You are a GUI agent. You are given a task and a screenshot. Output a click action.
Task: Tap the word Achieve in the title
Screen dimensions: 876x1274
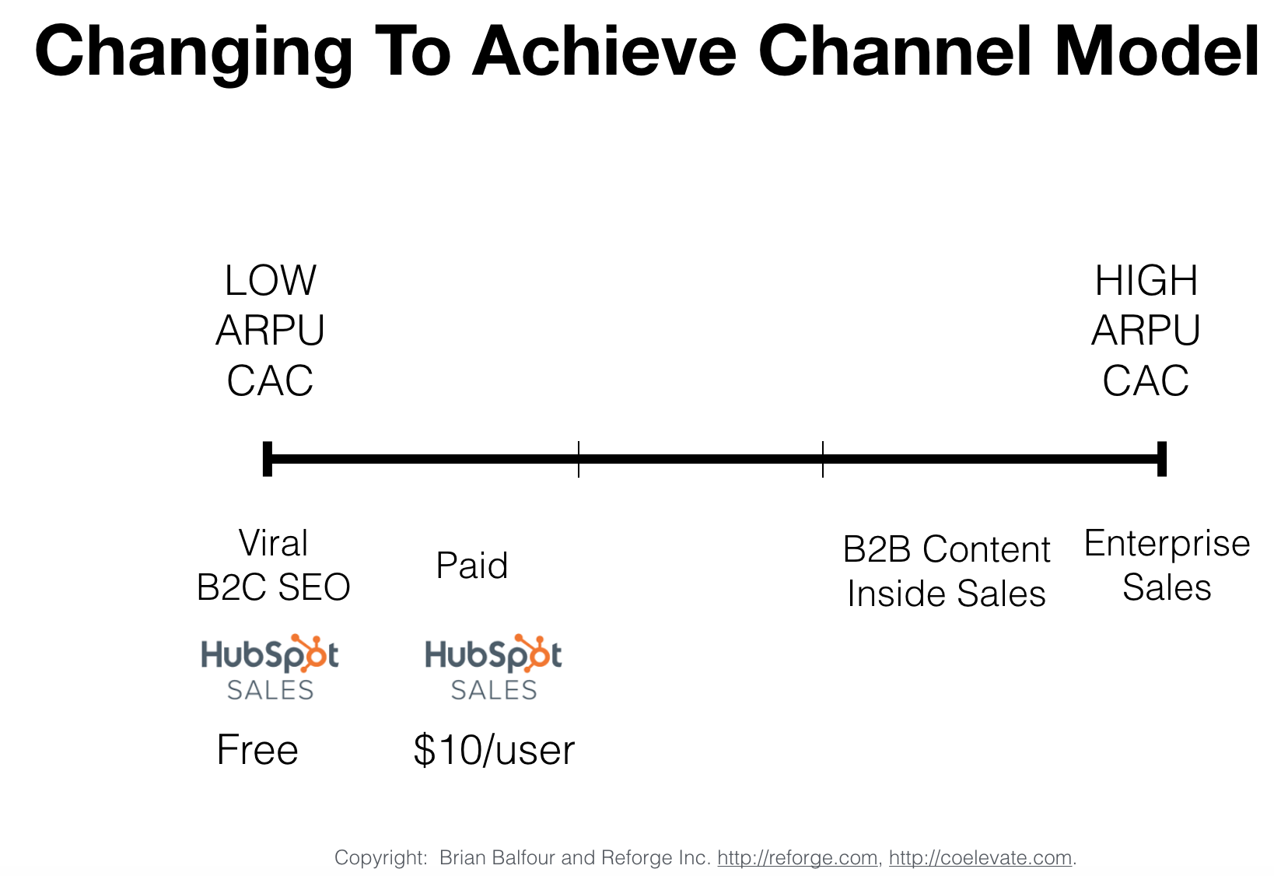click(604, 51)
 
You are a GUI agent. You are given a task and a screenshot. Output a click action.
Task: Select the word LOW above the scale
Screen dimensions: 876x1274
click(270, 281)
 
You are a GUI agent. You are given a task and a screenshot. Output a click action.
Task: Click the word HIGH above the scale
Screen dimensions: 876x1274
click(1146, 281)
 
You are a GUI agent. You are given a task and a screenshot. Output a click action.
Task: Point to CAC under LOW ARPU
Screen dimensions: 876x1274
click(270, 381)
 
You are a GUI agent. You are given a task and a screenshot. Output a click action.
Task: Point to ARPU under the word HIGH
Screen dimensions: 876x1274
click(1146, 331)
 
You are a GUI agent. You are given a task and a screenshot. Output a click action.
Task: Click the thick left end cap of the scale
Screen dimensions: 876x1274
click(268, 458)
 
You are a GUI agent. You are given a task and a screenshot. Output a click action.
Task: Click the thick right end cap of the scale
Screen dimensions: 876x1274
click(1161, 458)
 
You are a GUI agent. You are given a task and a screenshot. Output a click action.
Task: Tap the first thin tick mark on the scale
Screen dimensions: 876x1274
click(579, 458)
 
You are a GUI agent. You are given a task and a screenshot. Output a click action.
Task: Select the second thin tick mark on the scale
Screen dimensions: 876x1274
click(823, 458)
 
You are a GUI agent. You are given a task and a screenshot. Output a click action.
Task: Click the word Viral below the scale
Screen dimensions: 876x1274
click(273, 543)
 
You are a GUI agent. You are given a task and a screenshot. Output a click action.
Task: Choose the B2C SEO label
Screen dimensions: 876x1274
click(273, 587)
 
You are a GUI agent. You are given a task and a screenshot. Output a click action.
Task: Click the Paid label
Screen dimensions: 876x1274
click(471, 566)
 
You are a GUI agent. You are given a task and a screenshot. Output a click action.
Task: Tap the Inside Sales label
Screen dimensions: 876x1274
click(946, 594)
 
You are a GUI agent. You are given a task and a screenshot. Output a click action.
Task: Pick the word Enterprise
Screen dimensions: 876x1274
click(1167, 543)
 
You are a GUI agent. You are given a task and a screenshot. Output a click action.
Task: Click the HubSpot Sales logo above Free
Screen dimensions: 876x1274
click(270, 668)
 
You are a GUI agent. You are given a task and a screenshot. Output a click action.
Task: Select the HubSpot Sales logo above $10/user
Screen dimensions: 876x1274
click(493, 668)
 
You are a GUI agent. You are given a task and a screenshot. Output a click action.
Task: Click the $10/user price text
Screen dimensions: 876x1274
click(493, 750)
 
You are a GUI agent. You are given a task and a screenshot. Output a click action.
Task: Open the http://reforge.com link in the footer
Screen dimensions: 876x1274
click(797, 857)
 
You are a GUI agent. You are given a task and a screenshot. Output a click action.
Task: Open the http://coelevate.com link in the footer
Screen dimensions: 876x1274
click(980, 857)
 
